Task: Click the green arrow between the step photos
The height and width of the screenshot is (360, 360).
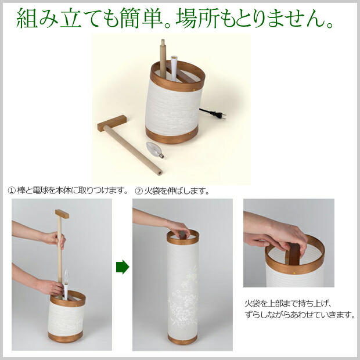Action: pyautogui.click(x=123, y=267)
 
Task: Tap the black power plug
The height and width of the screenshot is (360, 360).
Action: pyautogui.click(x=218, y=114)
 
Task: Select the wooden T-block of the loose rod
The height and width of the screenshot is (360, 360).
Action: pyautogui.click(x=112, y=123)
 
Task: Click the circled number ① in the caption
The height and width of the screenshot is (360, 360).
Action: pyautogui.click(x=12, y=191)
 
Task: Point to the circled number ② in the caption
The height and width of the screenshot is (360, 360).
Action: pyautogui.click(x=139, y=191)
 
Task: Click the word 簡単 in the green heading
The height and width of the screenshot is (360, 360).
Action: pyautogui.click(x=149, y=18)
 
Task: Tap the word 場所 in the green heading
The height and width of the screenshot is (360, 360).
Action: pyautogui.click(x=197, y=18)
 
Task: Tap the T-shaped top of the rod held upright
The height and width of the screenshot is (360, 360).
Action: pyautogui.click(x=62, y=214)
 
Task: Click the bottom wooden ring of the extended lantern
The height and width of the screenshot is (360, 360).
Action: pyautogui.click(x=182, y=339)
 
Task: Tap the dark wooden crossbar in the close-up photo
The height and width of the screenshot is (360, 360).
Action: pyautogui.click(x=294, y=254)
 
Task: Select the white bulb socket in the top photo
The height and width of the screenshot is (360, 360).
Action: pyautogui.click(x=174, y=69)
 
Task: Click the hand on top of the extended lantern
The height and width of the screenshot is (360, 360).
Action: pyautogui.click(x=178, y=229)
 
